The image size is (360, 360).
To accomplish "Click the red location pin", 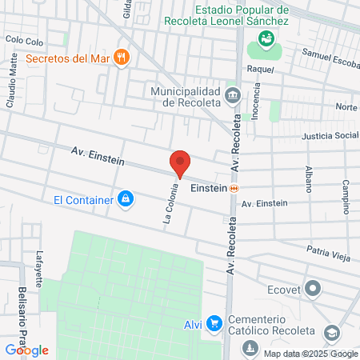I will tap(180, 162).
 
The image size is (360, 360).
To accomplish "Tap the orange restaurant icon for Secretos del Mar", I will tap(122, 57).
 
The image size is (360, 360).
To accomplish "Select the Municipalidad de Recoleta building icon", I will tap(233, 96).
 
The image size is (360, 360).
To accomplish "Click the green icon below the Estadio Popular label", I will tap(266, 38).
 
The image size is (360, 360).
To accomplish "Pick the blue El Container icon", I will tap(125, 198).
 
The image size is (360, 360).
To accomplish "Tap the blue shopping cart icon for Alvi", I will tap(214, 323).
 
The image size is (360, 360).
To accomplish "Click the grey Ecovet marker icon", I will tap(313, 287).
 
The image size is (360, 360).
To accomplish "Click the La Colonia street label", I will tap(170, 204).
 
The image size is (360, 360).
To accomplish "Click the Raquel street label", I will tap(261, 69).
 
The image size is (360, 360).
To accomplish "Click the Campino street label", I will tap(346, 192).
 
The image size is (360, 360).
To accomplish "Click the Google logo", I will tap(26, 350).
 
